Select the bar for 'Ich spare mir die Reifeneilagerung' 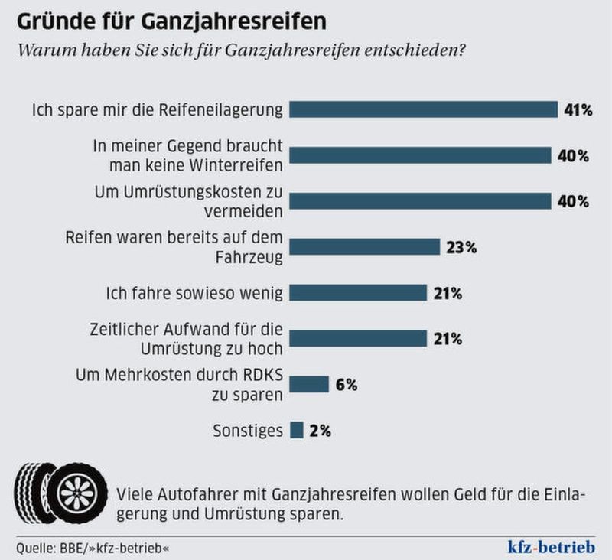(x=424, y=109)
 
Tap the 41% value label (x=578, y=109)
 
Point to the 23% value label (x=462, y=247)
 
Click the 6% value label (x=347, y=384)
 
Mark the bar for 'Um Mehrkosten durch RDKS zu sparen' (x=310, y=384)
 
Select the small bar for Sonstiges (x=297, y=430)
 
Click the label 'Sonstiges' (x=247, y=430)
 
